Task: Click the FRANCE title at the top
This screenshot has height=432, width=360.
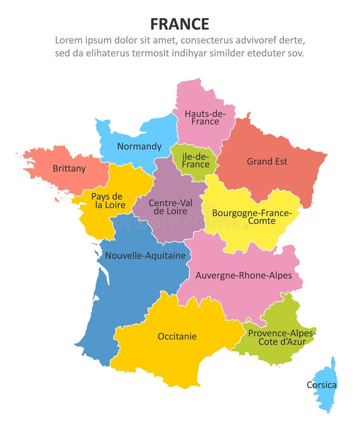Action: click(180, 24)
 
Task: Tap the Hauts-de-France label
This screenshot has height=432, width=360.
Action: click(205, 118)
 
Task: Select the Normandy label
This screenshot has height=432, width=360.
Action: click(139, 146)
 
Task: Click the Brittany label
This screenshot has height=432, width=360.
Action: click(69, 168)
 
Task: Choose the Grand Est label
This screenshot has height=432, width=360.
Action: click(267, 161)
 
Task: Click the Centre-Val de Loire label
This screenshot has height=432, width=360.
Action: click(170, 207)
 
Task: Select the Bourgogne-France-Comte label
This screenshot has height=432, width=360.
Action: click(252, 216)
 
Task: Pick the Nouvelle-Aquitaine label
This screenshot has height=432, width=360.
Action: click(145, 256)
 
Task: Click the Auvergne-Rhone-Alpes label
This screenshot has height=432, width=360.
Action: click(243, 276)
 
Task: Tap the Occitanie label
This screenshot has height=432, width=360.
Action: click(177, 336)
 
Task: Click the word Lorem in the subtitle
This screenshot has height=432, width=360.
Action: click(69, 40)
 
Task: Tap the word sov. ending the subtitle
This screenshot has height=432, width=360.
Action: click(296, 53)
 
